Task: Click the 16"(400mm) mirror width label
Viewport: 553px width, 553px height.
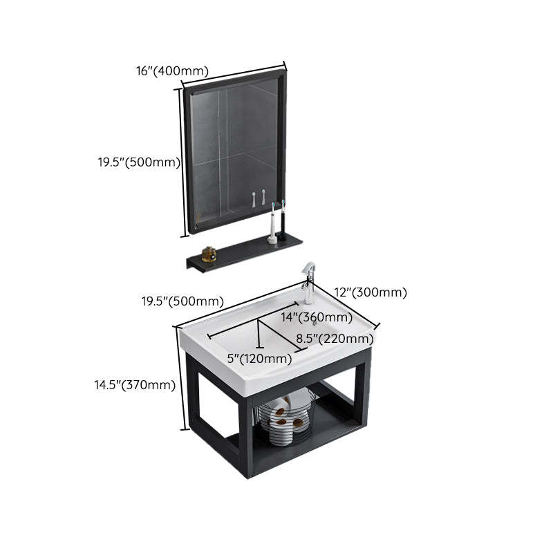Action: click(171, 70)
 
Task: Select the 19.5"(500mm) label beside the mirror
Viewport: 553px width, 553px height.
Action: click(138, 163)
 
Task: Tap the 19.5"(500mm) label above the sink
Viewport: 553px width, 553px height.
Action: click(182, 301)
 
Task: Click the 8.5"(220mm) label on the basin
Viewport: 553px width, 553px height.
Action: click(335, 339)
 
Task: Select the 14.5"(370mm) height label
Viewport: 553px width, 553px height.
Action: click(135, 386)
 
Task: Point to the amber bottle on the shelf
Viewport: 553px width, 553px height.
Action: click(209, 254)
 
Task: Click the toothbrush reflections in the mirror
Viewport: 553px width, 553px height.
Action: click(259, 199)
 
